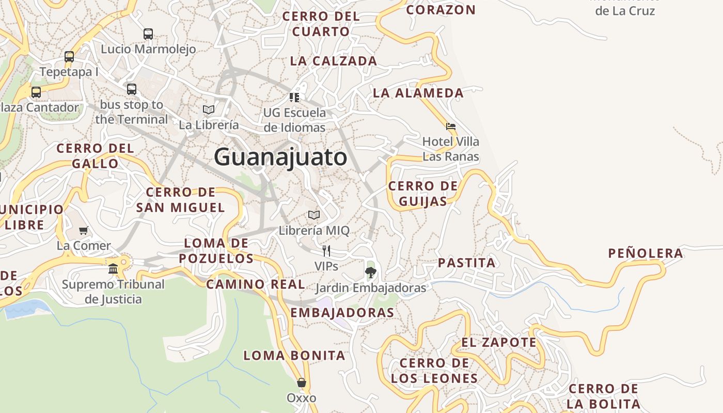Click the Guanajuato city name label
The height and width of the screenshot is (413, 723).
click(280, 157)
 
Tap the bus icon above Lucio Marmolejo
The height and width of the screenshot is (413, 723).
click(148, 34)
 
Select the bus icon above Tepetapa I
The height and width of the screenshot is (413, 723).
click(69, 57)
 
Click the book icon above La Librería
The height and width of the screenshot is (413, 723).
click(209, 109)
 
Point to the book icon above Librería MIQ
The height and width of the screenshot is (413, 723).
click(314, 215)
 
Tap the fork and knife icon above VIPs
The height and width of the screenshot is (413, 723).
click(326, 251)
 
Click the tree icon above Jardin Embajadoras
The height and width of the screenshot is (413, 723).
click(370, 272)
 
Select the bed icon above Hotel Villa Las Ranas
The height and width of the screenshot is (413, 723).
click(451, 126)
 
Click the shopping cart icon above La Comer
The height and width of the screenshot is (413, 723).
click(84, 230)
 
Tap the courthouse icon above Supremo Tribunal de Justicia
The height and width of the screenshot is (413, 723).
click(113, 268)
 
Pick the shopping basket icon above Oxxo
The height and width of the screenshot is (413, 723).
click(302, 383)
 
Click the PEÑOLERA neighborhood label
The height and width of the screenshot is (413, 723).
click(646, 253)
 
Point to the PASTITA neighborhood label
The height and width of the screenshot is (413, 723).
click(466, 263)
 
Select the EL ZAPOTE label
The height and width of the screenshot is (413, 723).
click(499, 342)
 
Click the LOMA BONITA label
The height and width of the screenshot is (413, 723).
click(294, 355)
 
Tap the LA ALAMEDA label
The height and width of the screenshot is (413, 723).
click(418, 93)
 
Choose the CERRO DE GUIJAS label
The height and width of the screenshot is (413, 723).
click(423, 193)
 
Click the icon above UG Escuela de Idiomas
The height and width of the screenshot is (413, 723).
click(294, 97)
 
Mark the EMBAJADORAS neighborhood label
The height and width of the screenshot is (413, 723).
click(342, 312)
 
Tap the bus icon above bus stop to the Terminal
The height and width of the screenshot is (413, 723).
click(132, 89)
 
